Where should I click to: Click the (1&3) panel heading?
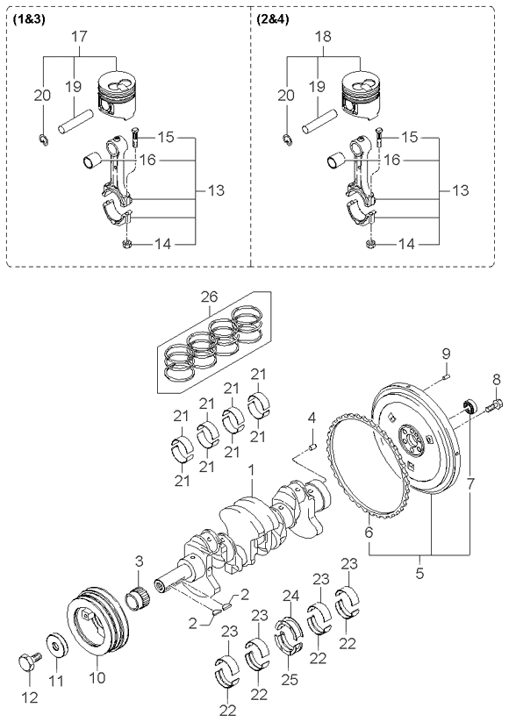pos(26,21)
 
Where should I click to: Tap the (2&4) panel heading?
pos(272,21)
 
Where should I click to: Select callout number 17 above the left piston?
pos(79,36)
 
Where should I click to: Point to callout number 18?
pos(324,36)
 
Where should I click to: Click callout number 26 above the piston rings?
pos(209,297)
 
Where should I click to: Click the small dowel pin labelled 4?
pos(312,447)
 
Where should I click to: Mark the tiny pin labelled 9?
pos(447,378)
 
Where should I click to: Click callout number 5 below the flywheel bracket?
pos(419,574)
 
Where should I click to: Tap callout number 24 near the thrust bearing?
pos(290,597)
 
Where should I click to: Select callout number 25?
pos(290,679)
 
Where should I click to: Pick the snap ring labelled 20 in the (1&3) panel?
pos(42,139)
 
